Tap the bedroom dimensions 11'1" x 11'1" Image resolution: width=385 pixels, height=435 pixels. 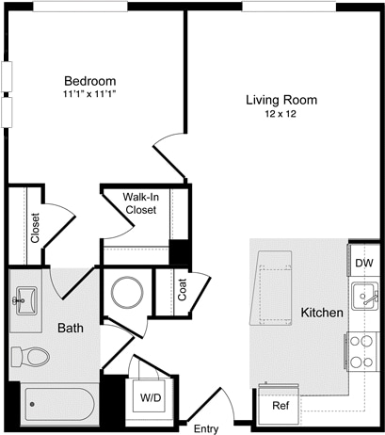coord(90,94)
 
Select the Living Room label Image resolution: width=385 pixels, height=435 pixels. coord(281,100)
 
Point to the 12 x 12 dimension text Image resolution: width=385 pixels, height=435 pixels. coord(281,114)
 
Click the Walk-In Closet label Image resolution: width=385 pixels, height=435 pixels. coord(145,203)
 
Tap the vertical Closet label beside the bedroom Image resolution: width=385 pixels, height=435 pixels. coord(35,227)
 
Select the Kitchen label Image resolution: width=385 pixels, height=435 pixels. coord(321,313)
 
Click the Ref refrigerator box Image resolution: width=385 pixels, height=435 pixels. coord(281,406)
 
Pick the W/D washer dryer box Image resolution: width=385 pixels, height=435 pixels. coord(151,397)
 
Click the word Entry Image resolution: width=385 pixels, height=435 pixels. coord(205,416)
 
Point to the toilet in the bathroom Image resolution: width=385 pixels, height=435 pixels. coord(30,357)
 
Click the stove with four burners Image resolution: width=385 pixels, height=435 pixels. coord(363,352)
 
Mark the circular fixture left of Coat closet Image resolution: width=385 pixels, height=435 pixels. coord(126,293)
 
